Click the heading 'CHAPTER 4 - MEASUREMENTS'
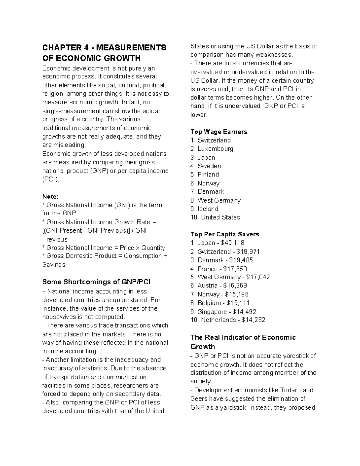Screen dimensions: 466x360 [104, 48]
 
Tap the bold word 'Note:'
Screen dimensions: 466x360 [50, 197]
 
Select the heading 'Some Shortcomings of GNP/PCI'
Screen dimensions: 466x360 [96, 282]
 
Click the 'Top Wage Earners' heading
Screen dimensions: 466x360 [219, 132]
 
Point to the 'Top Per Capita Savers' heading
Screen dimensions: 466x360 [225, 234]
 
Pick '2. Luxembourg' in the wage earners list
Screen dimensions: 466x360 [212, 149]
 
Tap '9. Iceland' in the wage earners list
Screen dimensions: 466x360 [204, 209]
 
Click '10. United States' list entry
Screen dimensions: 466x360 [215, 217]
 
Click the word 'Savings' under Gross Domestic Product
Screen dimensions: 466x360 [54, 265]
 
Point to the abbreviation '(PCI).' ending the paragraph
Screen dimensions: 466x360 [51, 179]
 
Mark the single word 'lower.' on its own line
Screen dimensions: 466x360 [199, 115]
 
